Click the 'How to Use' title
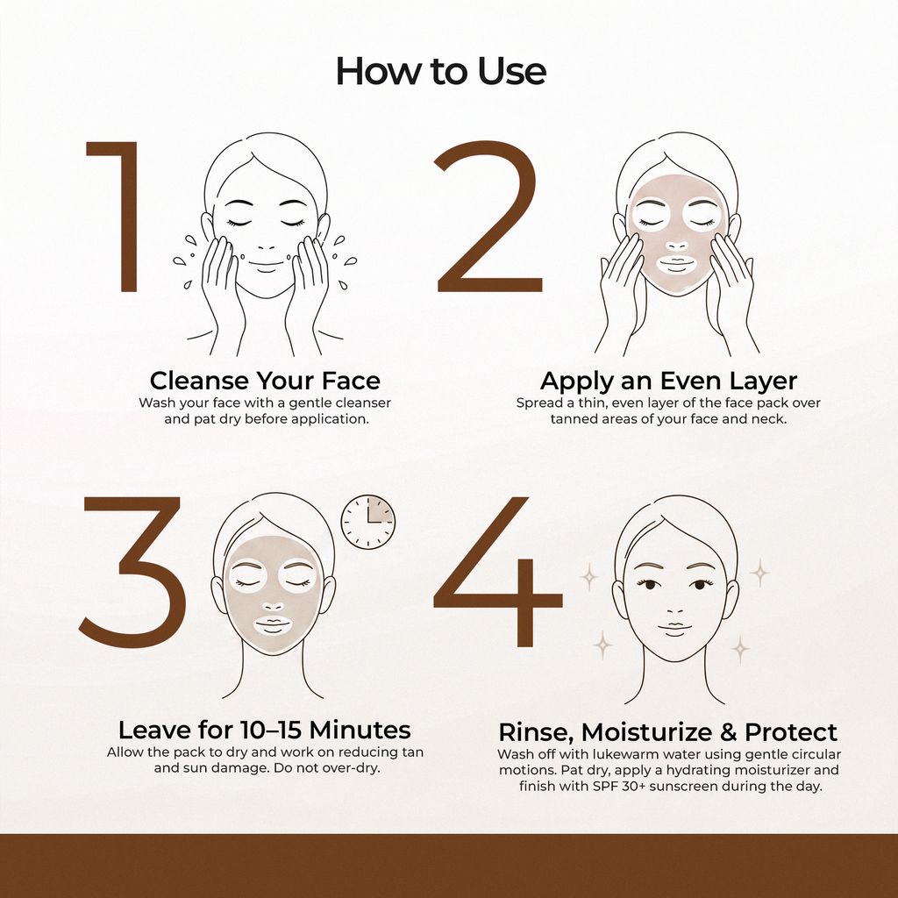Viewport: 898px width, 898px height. [440, 72]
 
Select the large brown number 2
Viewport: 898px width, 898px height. [488, 216]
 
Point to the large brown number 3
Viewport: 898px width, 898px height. [133, 572]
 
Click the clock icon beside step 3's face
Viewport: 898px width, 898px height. [368, 522]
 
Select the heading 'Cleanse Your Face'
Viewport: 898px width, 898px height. [265, 381]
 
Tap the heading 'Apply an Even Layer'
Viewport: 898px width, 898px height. [668, 381]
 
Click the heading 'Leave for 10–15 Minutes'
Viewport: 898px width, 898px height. [265, 731]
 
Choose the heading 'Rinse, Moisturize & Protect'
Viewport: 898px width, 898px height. [667, 732]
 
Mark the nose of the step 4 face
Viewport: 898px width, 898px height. [675, 610]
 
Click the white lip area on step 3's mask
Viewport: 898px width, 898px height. [273, 626]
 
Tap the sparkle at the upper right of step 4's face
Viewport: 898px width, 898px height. [759, 573]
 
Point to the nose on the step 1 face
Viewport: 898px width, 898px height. [267, 244]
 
